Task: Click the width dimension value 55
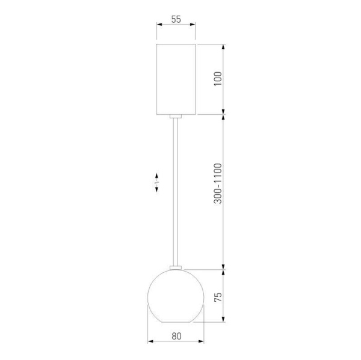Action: point(176,19)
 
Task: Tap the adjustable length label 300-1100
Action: point(218,183)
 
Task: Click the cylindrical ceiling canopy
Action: point(176,78)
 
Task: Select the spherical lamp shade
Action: point(176,296)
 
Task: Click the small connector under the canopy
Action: point(176,115)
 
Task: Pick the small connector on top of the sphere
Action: point(176,266)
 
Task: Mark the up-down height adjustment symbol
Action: point(156,183)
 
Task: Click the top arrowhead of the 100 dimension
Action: point(224,46)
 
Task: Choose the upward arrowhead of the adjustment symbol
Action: point(156,175)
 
